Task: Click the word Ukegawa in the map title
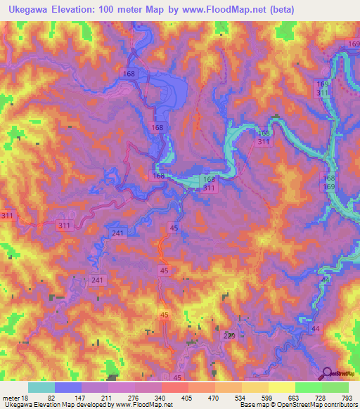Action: coord(27,9)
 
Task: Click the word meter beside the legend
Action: coord(11,398)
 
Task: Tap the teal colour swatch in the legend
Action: coord(41,387)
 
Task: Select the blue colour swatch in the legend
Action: coord(67,387)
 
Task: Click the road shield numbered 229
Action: coord(230,337)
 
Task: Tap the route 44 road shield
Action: coord(314,329)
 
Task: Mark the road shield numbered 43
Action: coord(324,280)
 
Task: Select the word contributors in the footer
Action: coord(342,405)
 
